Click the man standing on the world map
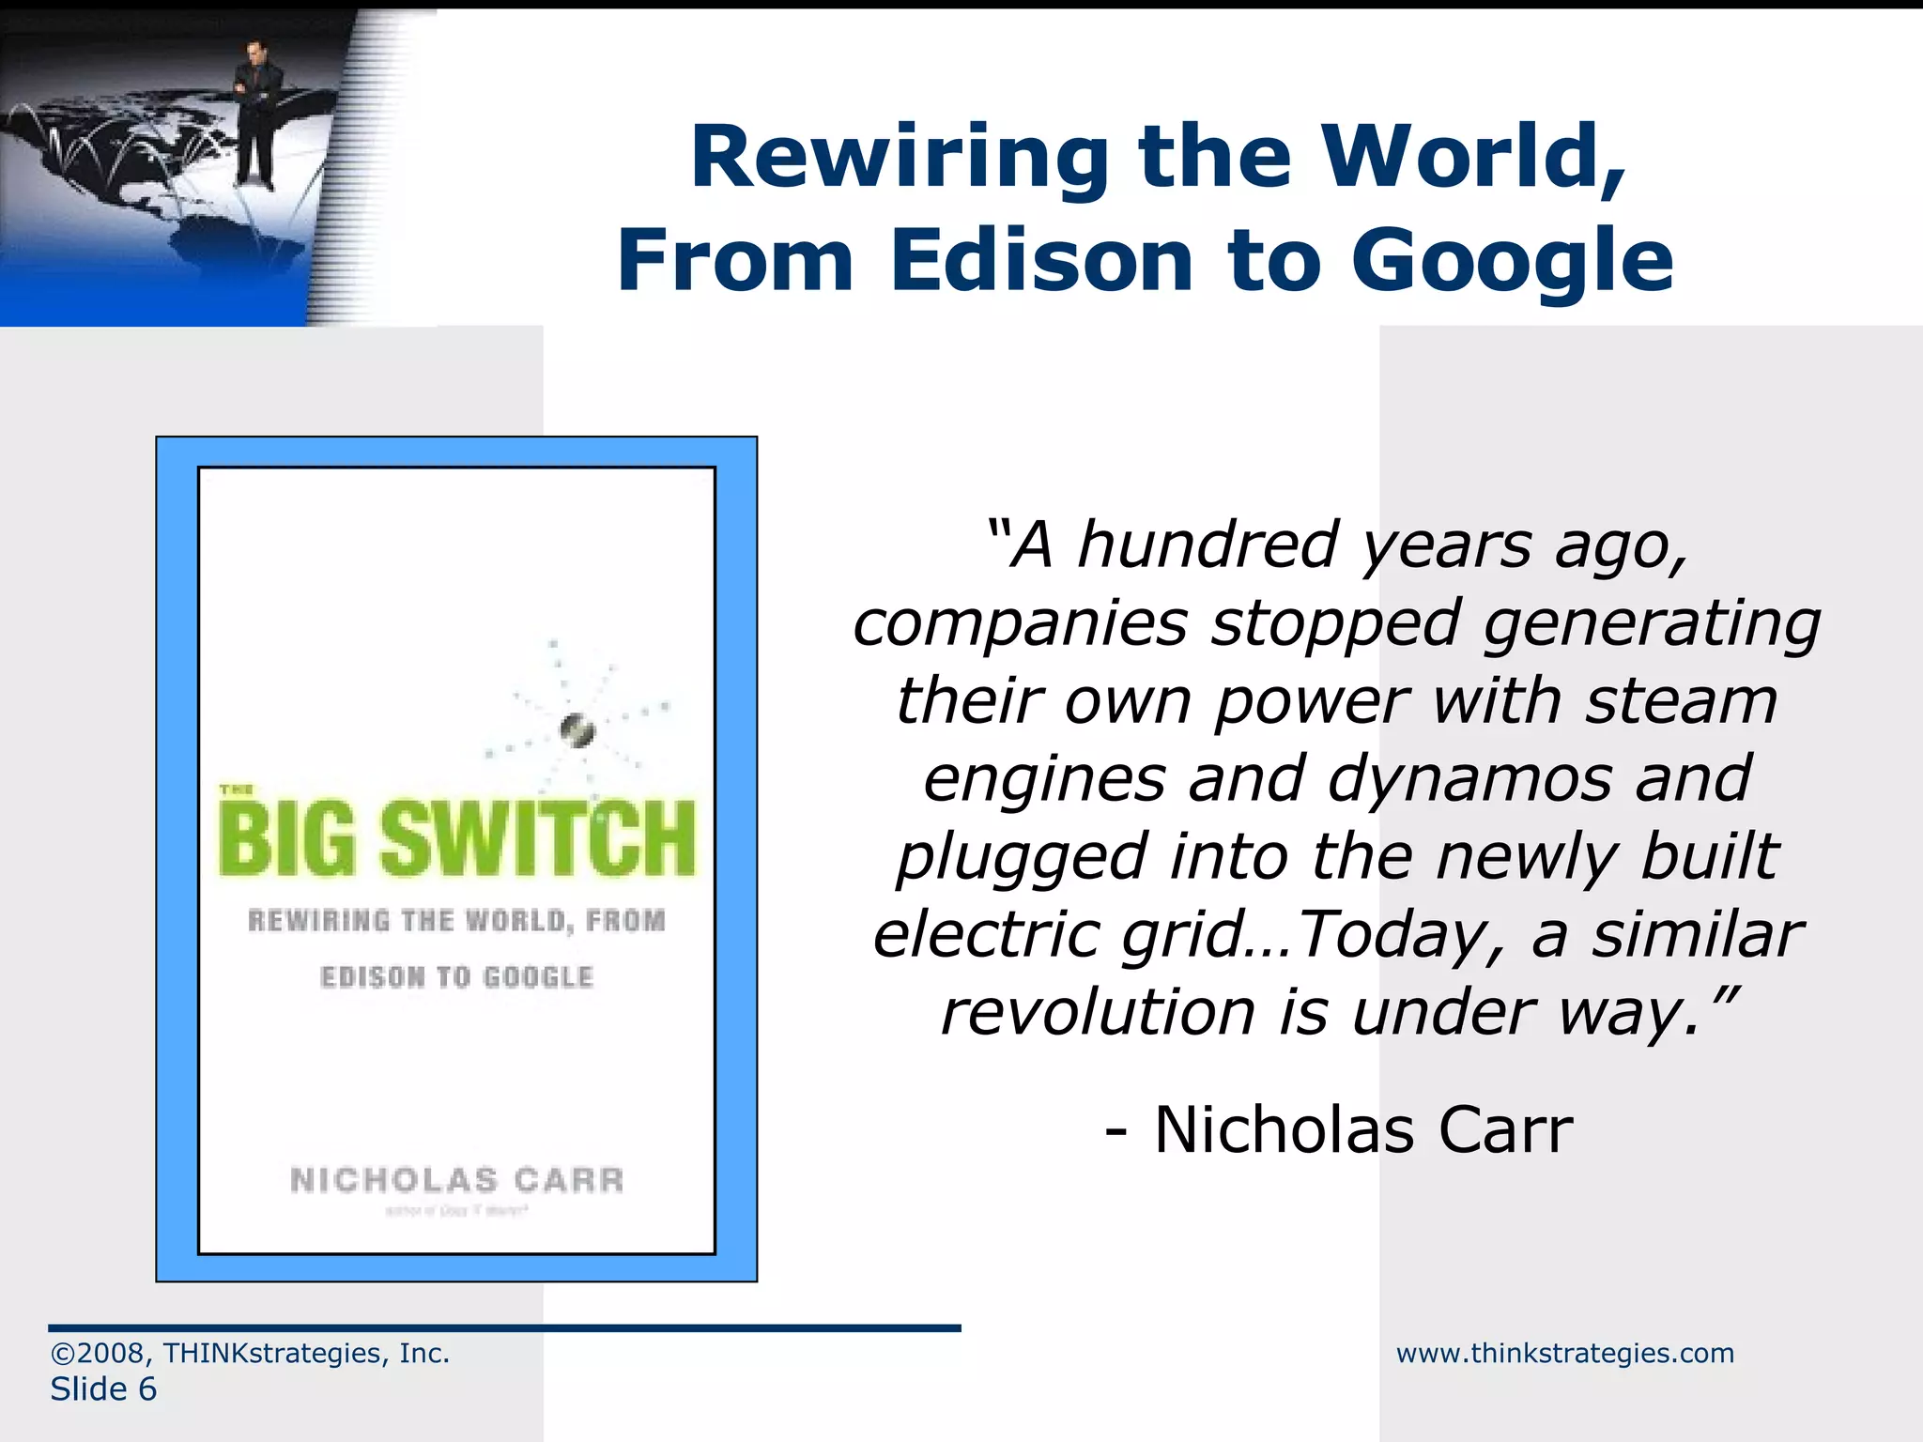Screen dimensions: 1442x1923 point(254,113)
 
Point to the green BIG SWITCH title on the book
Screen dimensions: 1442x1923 point(457,837)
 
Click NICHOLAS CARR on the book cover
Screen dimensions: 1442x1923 point(457,1179)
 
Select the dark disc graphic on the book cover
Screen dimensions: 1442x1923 point(577,729)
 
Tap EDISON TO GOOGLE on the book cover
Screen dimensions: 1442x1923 point(457,977)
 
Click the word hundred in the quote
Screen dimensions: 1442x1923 point(1208,545)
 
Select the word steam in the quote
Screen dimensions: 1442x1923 point(1681,701)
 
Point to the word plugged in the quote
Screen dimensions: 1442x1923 point(1022,857)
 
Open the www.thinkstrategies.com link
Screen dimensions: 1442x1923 point(1564,1353)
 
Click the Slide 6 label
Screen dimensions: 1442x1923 point(103,1388)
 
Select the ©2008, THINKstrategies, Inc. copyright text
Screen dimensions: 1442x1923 point(250,1353)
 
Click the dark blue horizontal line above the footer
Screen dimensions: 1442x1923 point(504,1327)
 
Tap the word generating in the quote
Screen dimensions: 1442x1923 point(1651,623)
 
